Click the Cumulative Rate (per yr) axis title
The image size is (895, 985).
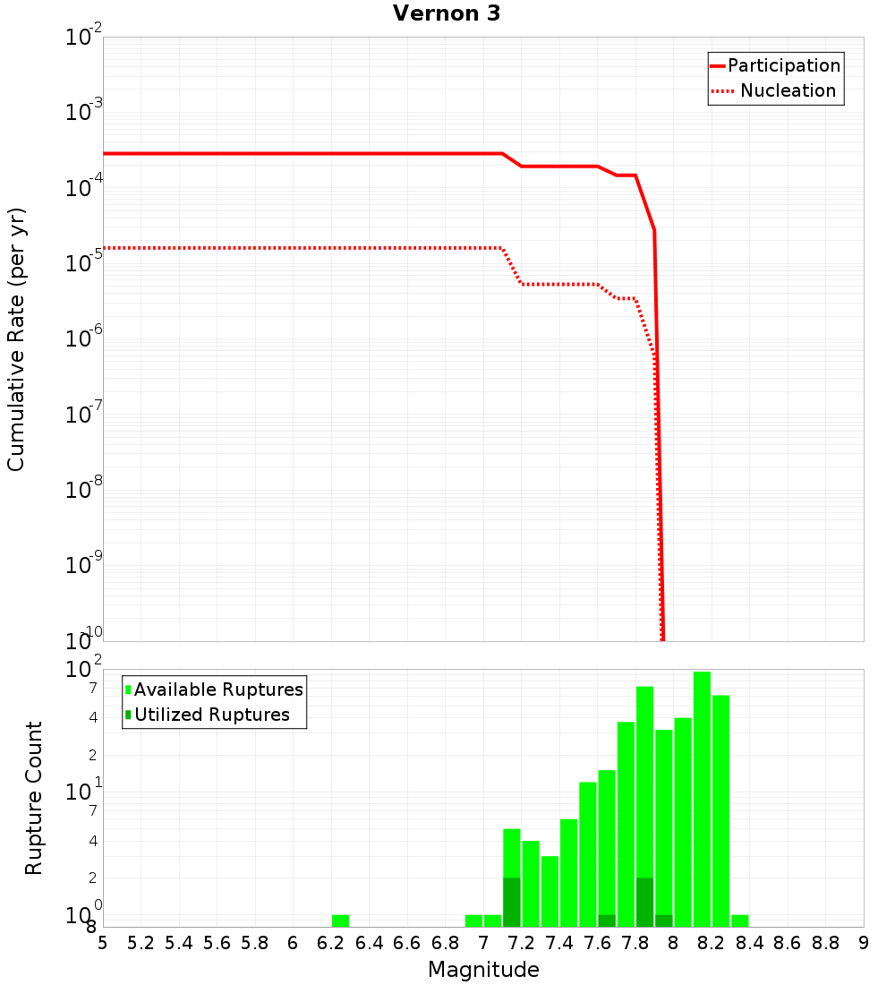tap(16, 339)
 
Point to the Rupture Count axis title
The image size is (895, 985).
tap(34, 798)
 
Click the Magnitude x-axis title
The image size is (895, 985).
tap(483, 969)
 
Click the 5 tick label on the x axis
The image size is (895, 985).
tap(103, 943)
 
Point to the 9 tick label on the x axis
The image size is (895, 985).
tap(864, 943)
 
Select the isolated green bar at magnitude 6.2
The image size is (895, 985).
tap(340, 921)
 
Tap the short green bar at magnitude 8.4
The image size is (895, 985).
tap(740, 921)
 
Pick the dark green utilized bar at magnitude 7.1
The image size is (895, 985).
tap(512, 903)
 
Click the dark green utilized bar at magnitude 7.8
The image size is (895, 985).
tap(644, 903)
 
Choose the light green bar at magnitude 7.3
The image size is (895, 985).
tap(550, 891)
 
